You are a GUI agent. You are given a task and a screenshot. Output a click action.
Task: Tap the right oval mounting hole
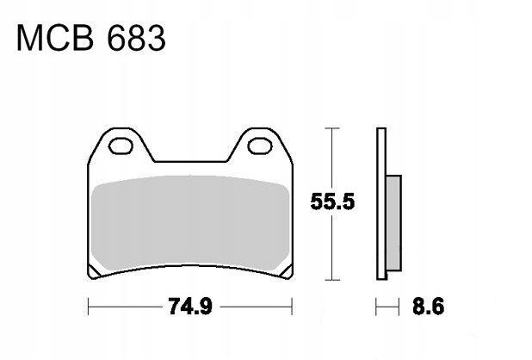(x=258, y=147)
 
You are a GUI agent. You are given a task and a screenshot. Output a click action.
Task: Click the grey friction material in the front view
(x=190, y=224)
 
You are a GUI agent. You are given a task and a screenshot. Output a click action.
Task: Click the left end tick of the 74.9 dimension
(x=89, y=306)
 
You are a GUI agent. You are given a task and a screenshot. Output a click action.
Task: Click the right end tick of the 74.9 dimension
(x=294, y=306)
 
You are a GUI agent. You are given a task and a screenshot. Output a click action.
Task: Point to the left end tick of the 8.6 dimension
(x=376, y=306)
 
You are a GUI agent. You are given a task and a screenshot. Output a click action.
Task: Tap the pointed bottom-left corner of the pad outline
(x=93, y=277)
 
